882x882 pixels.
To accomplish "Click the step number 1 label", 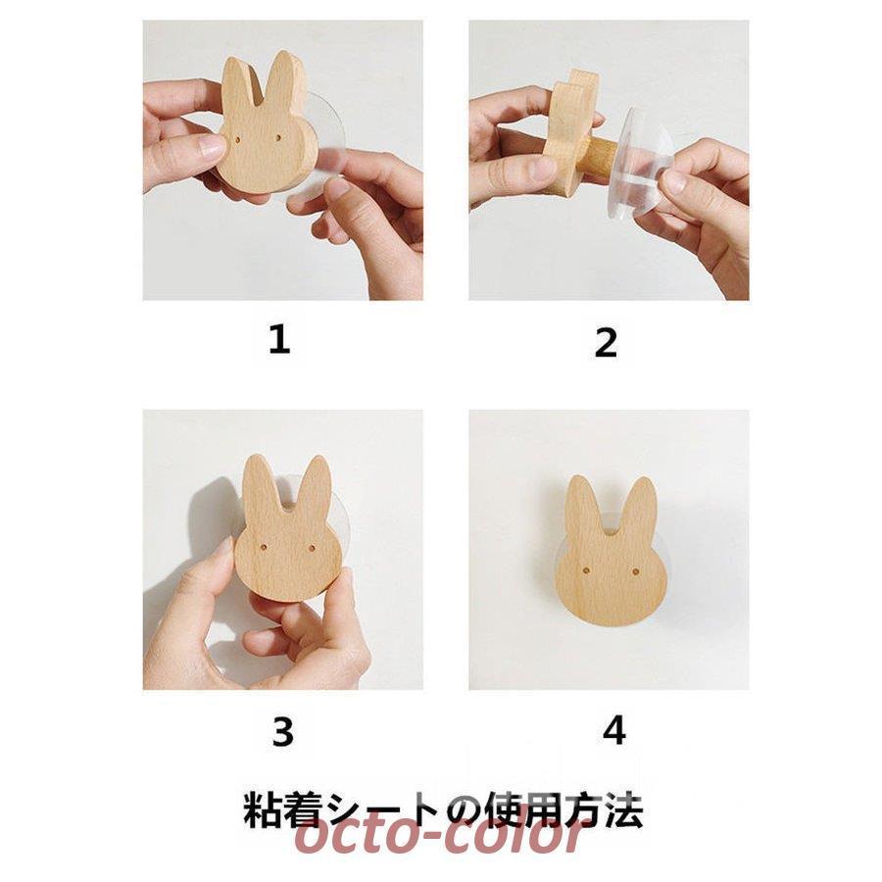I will [279, 340].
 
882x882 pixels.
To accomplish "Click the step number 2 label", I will [606, 343].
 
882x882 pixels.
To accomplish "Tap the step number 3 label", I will [282, 731].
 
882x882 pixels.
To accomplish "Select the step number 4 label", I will [613, 730].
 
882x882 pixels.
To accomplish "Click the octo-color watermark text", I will [441, 836].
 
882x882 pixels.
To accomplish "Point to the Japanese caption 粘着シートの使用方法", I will [442, 812].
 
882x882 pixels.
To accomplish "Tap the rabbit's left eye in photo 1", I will [241, 141].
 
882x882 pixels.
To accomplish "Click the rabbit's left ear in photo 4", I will [584, 505].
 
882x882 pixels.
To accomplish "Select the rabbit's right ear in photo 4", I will [640, 506].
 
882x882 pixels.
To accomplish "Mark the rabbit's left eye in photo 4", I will [585, 567].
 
